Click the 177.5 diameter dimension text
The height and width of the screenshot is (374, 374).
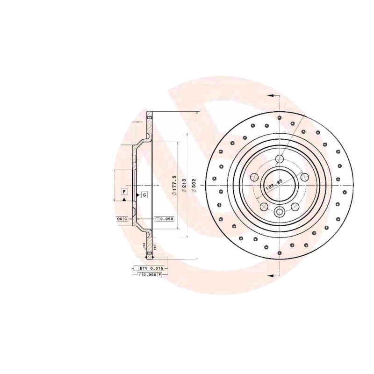tap(173, 186)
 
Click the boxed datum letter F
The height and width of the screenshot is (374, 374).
tap(124, 192)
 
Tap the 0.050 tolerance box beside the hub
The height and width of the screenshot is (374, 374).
tap(165, 219)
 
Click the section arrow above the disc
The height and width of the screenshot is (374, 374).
tap(273, 95)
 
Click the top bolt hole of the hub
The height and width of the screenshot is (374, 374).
tap(279, 158)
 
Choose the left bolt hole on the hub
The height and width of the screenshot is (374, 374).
tap(254, 177)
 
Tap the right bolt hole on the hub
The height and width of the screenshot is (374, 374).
tap(304, 177)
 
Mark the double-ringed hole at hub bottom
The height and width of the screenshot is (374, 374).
tap(279, 212)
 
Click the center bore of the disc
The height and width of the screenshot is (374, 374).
tap(279, 185)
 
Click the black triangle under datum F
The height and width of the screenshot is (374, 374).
tap(124, 200)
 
